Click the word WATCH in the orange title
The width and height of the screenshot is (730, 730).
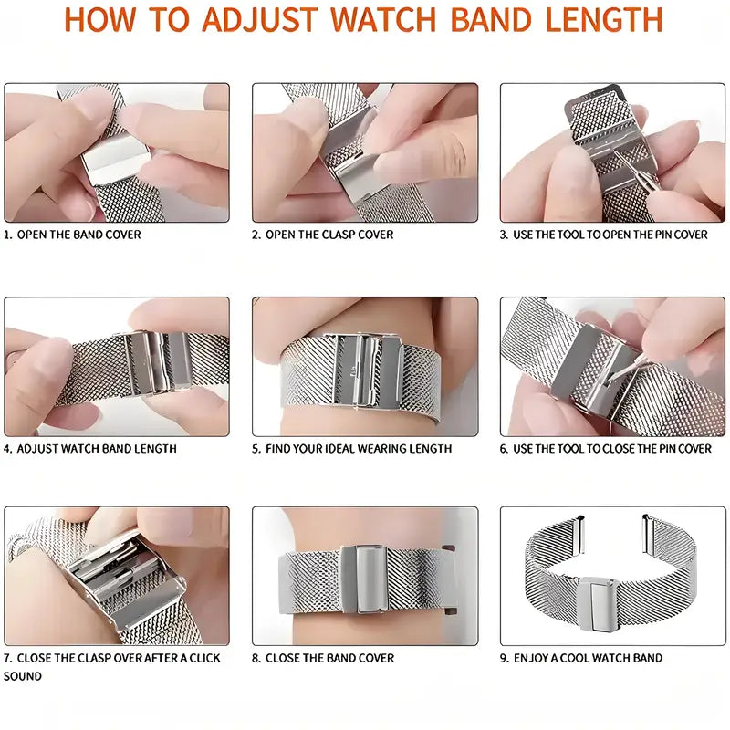click(383, 19)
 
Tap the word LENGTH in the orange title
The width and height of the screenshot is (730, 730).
click(604, 19)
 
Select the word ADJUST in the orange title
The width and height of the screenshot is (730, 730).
click(260, 19)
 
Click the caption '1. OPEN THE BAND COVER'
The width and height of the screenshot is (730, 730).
click(72, 235)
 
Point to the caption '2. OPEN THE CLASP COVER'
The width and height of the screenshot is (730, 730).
click(323, 235)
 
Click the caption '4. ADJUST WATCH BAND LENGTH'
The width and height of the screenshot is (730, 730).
click(90, 449)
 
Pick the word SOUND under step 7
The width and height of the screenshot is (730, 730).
click(22, 676)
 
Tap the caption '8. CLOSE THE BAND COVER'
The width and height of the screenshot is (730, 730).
click(323, 658)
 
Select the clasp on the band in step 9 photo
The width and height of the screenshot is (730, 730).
click(599, 604)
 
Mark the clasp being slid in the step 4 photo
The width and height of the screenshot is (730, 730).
click(158, 363)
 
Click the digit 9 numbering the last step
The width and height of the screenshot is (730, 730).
click(504, 658)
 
